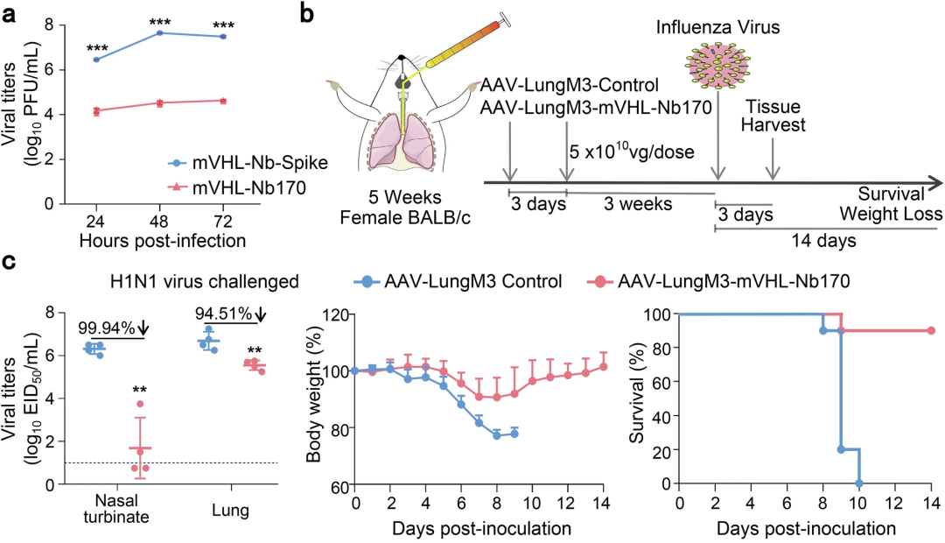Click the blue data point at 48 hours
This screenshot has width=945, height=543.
click(160, 32)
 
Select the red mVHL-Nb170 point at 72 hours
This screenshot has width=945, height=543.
click(224, 101)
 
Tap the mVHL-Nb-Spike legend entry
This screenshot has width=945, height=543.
click(248, 163)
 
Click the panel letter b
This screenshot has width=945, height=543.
click(306, 12)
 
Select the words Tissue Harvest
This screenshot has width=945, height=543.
click(773, 116)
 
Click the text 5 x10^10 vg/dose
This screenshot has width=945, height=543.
click(632, 151)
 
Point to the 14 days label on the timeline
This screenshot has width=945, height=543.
click(824, 241)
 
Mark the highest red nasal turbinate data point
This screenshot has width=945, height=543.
click(140, 404)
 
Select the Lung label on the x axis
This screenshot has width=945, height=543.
click(230, 511)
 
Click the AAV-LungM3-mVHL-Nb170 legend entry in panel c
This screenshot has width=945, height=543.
click(717, 280)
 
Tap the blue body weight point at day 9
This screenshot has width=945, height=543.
click(514, 434)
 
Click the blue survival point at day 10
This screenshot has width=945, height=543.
click(859, 483)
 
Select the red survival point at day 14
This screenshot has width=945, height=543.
click(931, 331)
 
